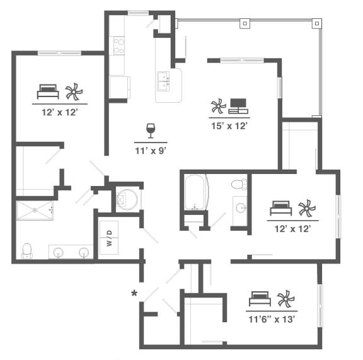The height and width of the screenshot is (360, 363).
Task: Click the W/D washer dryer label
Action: click(x=109, y=238)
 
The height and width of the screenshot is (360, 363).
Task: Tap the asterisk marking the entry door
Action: click(x=134, y=294)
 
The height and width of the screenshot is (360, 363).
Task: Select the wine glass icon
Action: click(x=151, y=131)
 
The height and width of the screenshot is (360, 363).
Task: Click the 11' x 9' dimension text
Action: click(x=151, y=151)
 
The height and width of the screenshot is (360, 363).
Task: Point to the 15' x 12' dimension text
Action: click(x=229, y=126)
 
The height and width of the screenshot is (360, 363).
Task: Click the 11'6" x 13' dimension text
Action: click(x=272, y=320)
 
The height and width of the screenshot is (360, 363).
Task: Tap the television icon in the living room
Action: click(x=238, y=106)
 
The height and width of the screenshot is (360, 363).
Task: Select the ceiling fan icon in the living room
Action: click(x=218, y=106)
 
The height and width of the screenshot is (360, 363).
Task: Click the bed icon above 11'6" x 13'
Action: click(x=260, y=299)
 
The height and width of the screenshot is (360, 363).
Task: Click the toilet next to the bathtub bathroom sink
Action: click(x=239, y=184)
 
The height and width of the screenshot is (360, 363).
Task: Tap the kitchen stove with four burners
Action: click(x=118, y=45)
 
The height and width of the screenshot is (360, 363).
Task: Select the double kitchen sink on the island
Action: click(x=163, y=81)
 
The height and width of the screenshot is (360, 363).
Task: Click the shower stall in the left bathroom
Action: click(x=35, y=211)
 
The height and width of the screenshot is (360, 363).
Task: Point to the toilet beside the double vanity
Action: click(x=27, y=251)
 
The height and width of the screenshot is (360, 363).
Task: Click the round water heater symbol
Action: click(x=127, y=199)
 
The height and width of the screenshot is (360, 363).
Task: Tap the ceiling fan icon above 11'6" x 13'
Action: click(x=286, y=299)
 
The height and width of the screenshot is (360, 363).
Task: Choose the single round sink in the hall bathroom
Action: click(x=241, y=207)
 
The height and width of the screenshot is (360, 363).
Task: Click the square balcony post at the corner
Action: click(x=317, y=23)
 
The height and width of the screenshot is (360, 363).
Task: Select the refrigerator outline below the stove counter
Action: click(x=120, y=88)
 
